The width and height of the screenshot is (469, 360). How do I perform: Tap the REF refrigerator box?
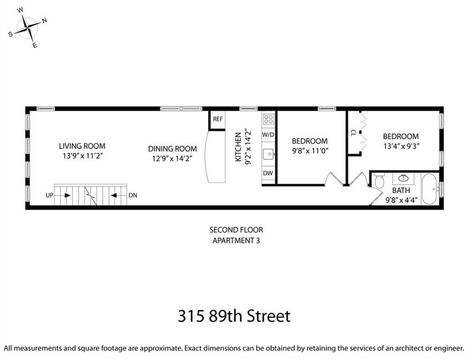tap(217, 120)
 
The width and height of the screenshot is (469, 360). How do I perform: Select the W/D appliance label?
tap(268, 135)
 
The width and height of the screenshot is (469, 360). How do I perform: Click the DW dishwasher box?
tap(268, 173)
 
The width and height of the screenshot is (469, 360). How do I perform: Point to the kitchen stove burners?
tap(268, 119)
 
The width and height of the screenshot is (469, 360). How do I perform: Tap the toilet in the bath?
tap(379, 181)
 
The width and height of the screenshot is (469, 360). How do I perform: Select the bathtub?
tap(430, 188)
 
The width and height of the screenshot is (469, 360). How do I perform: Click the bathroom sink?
tap(402, 178)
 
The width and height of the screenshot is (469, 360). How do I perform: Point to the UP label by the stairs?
tap(50, 195)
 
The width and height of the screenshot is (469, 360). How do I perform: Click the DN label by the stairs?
tap(133, 195)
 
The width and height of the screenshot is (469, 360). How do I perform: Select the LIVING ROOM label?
tap(82, 146)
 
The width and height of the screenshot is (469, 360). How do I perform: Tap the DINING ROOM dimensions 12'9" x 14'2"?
tap(172, 158)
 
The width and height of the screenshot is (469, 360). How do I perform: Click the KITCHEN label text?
tap(238, 147)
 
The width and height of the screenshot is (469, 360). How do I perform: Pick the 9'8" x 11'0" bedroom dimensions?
tap(310, 151)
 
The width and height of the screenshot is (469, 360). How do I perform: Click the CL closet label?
tap(353, 133)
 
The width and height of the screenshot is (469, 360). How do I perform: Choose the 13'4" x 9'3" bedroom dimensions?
tap(401, 146)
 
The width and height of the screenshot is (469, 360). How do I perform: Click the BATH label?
tap(401, 190)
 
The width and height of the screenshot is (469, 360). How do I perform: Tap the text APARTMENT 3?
tap(236, 240)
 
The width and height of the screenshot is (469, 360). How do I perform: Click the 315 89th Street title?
tap(234, 316)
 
